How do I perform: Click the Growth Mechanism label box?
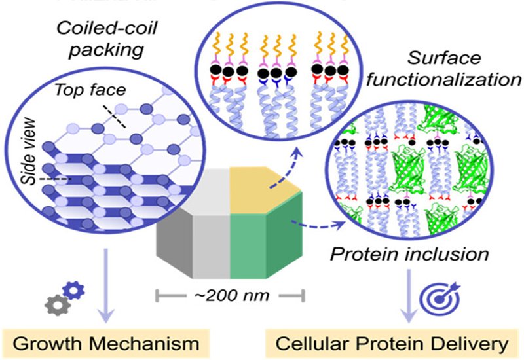pos(105,341)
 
